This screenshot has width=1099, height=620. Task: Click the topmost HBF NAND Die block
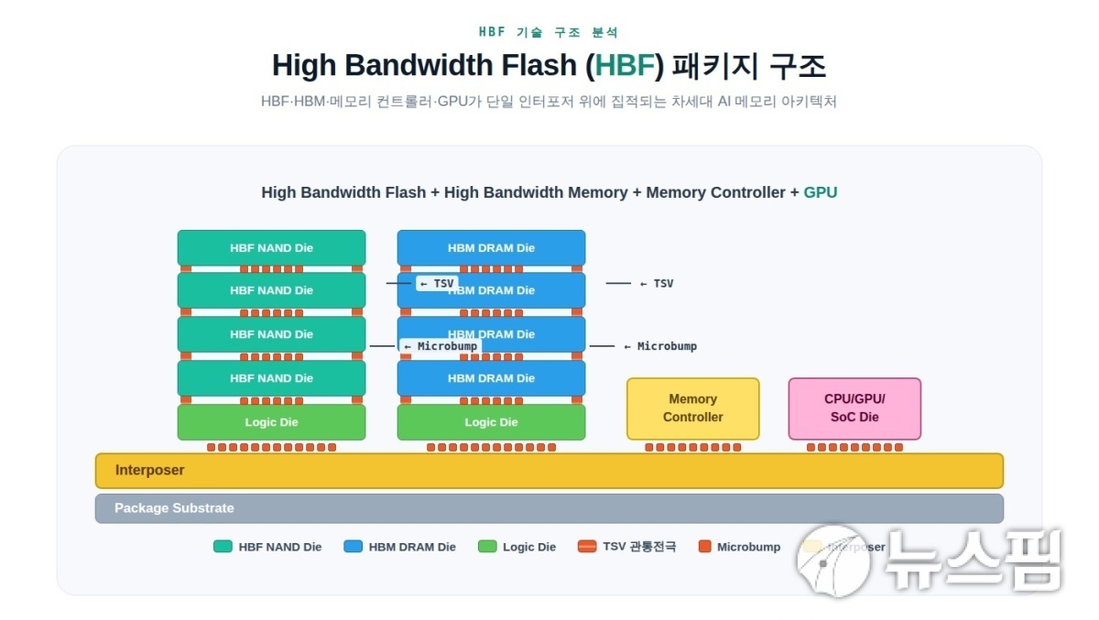(271, 247)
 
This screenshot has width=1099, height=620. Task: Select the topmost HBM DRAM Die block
(491, 247)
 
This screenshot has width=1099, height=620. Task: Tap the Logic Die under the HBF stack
(271, 422)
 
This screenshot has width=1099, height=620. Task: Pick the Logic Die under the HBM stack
(491, 422)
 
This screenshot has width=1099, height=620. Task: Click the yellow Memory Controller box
(692, 408)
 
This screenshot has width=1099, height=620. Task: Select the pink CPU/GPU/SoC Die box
(854, 408)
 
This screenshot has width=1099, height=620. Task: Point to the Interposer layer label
(149, 470)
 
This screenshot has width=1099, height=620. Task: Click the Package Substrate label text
(174, 508)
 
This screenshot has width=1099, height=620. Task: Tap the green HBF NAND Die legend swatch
(223, 547)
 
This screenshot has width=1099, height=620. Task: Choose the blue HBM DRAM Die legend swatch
(353, 547)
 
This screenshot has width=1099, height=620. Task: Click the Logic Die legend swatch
(487, 547)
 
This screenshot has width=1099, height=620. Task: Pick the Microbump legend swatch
(704, 547)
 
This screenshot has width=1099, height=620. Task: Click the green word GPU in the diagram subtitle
(821, 192)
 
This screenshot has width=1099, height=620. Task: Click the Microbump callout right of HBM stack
(667, 346)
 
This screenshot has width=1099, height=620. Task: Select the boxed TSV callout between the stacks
(436, 284)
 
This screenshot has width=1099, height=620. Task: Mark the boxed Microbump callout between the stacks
(441, 346)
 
